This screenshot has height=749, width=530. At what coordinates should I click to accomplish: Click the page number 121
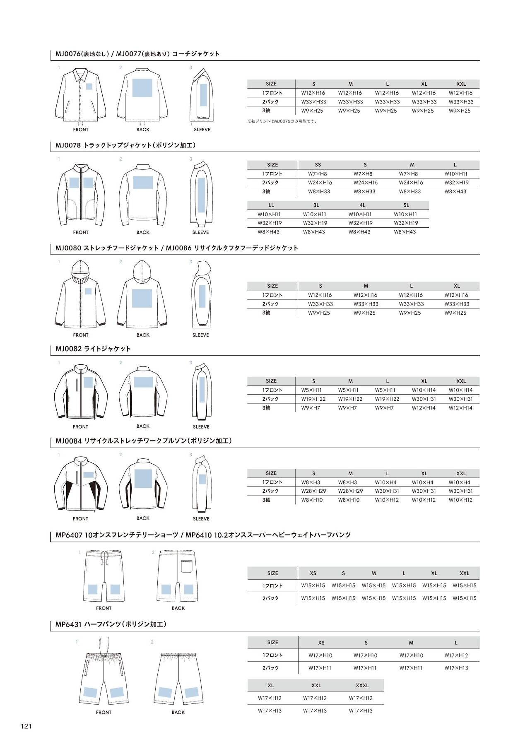pos(26,726)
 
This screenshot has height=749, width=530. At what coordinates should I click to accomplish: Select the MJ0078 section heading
pos(125,145)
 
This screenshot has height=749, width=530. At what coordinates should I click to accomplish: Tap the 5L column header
pos(406,205)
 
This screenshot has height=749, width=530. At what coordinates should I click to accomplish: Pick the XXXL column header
pos(362,686)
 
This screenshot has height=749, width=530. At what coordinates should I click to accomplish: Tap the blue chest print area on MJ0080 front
pos(88,291)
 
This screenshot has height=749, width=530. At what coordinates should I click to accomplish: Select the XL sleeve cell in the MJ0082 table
pos(424,408)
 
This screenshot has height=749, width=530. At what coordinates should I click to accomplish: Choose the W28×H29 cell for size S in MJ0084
pos(313,491)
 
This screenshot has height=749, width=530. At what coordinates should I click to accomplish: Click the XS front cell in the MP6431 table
pos(320,655)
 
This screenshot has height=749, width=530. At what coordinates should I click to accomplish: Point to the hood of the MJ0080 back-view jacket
pos(142,271)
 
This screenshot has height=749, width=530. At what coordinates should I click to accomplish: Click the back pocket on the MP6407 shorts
pos(187,566)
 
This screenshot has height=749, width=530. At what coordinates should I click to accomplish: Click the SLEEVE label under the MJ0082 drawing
pos(201,427)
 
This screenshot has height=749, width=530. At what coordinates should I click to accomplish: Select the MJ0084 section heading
pos(143,441)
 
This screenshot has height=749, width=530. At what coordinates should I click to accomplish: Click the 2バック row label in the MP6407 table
pos(270,598)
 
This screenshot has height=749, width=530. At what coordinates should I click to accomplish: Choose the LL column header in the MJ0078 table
pos(271,205)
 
